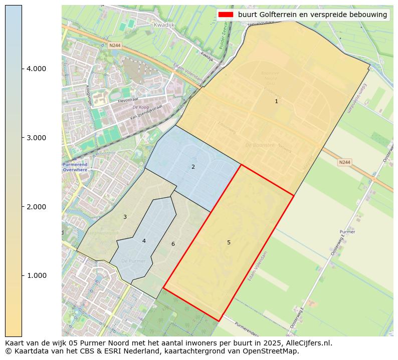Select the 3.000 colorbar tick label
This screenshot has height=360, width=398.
pos(36,138)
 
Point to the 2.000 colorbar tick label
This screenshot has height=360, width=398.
pos(36,207)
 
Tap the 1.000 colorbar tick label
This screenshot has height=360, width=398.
pos(36,275)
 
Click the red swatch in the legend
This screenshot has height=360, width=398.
pos(226,15)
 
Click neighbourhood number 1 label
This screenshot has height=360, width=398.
pos(276,101)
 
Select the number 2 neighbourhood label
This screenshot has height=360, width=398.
pos(193,167)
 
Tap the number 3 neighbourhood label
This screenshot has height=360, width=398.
pos(125,217)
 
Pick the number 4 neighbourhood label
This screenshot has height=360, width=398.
pos(144,241)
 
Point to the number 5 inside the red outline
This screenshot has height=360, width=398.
pos(229,242)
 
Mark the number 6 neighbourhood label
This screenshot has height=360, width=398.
pos(173,244)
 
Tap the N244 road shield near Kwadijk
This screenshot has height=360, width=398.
pos(115,45)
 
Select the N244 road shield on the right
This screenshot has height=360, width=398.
pos(344,162)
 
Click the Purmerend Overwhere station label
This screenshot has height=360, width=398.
pos(75,167)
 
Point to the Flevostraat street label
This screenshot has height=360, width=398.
pos(127,101)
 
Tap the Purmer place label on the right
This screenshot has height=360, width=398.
pos(347,232)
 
